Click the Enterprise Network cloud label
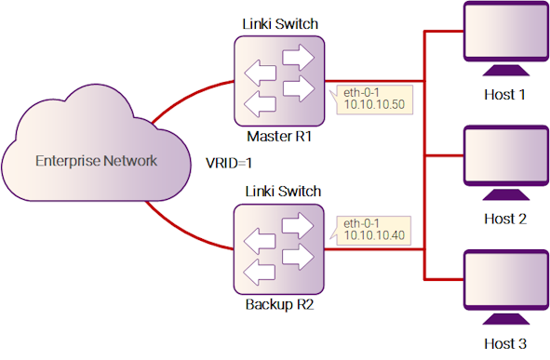click(x=97, y=161)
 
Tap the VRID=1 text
click(x=229, y=163)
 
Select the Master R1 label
click(x=279, y=137)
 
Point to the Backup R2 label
click(x=279, y=304)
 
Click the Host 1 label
click(x=504, y=95)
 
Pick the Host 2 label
click(x=505, y=220)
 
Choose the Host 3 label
click(x=505, y=343)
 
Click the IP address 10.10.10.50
click(x=374, y=104)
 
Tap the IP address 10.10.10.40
click(x=374, y=235)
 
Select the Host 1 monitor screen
click(x=506, y=32)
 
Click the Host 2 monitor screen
click(x=506, y=155)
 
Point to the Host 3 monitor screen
click(x=506, y=280)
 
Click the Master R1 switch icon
click(x=279, y=81)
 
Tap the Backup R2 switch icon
click(x=279, y=249)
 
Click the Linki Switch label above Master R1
click(x=280, y=24)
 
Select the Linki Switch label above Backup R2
click(x=283, y=192)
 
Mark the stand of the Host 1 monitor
click(x=506, y=70)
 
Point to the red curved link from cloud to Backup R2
click(x=185, y=231)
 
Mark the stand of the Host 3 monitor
click(x=506, y=319)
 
